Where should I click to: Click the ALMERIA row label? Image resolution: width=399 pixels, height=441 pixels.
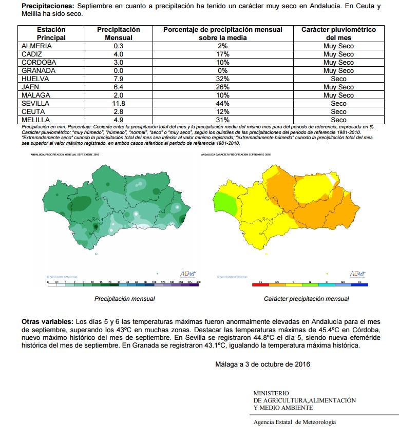[x=36, y=46]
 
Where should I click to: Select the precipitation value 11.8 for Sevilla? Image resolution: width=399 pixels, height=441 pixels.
[x=119, y=103]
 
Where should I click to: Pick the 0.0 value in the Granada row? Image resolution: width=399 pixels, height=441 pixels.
[x=119, y=70]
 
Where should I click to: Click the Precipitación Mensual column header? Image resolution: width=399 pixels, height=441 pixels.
[x=119, y=33]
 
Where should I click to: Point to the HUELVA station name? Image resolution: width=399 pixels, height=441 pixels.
[x=35, y=79]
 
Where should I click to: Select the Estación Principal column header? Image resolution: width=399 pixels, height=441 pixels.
[x=51, y=33]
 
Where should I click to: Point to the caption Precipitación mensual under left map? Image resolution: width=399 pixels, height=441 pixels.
[x=125, y=299]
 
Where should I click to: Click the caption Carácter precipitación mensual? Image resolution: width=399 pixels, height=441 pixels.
[x=306, y=299]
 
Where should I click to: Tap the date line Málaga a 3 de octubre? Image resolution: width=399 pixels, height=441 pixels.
[x=263, y=365]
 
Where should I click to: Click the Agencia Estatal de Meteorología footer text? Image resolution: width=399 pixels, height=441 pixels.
[x=295, y=422]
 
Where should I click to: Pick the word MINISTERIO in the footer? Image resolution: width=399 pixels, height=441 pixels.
[x=271, y=393]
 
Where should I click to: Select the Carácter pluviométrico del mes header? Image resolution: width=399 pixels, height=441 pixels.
[x=338, y=33]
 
